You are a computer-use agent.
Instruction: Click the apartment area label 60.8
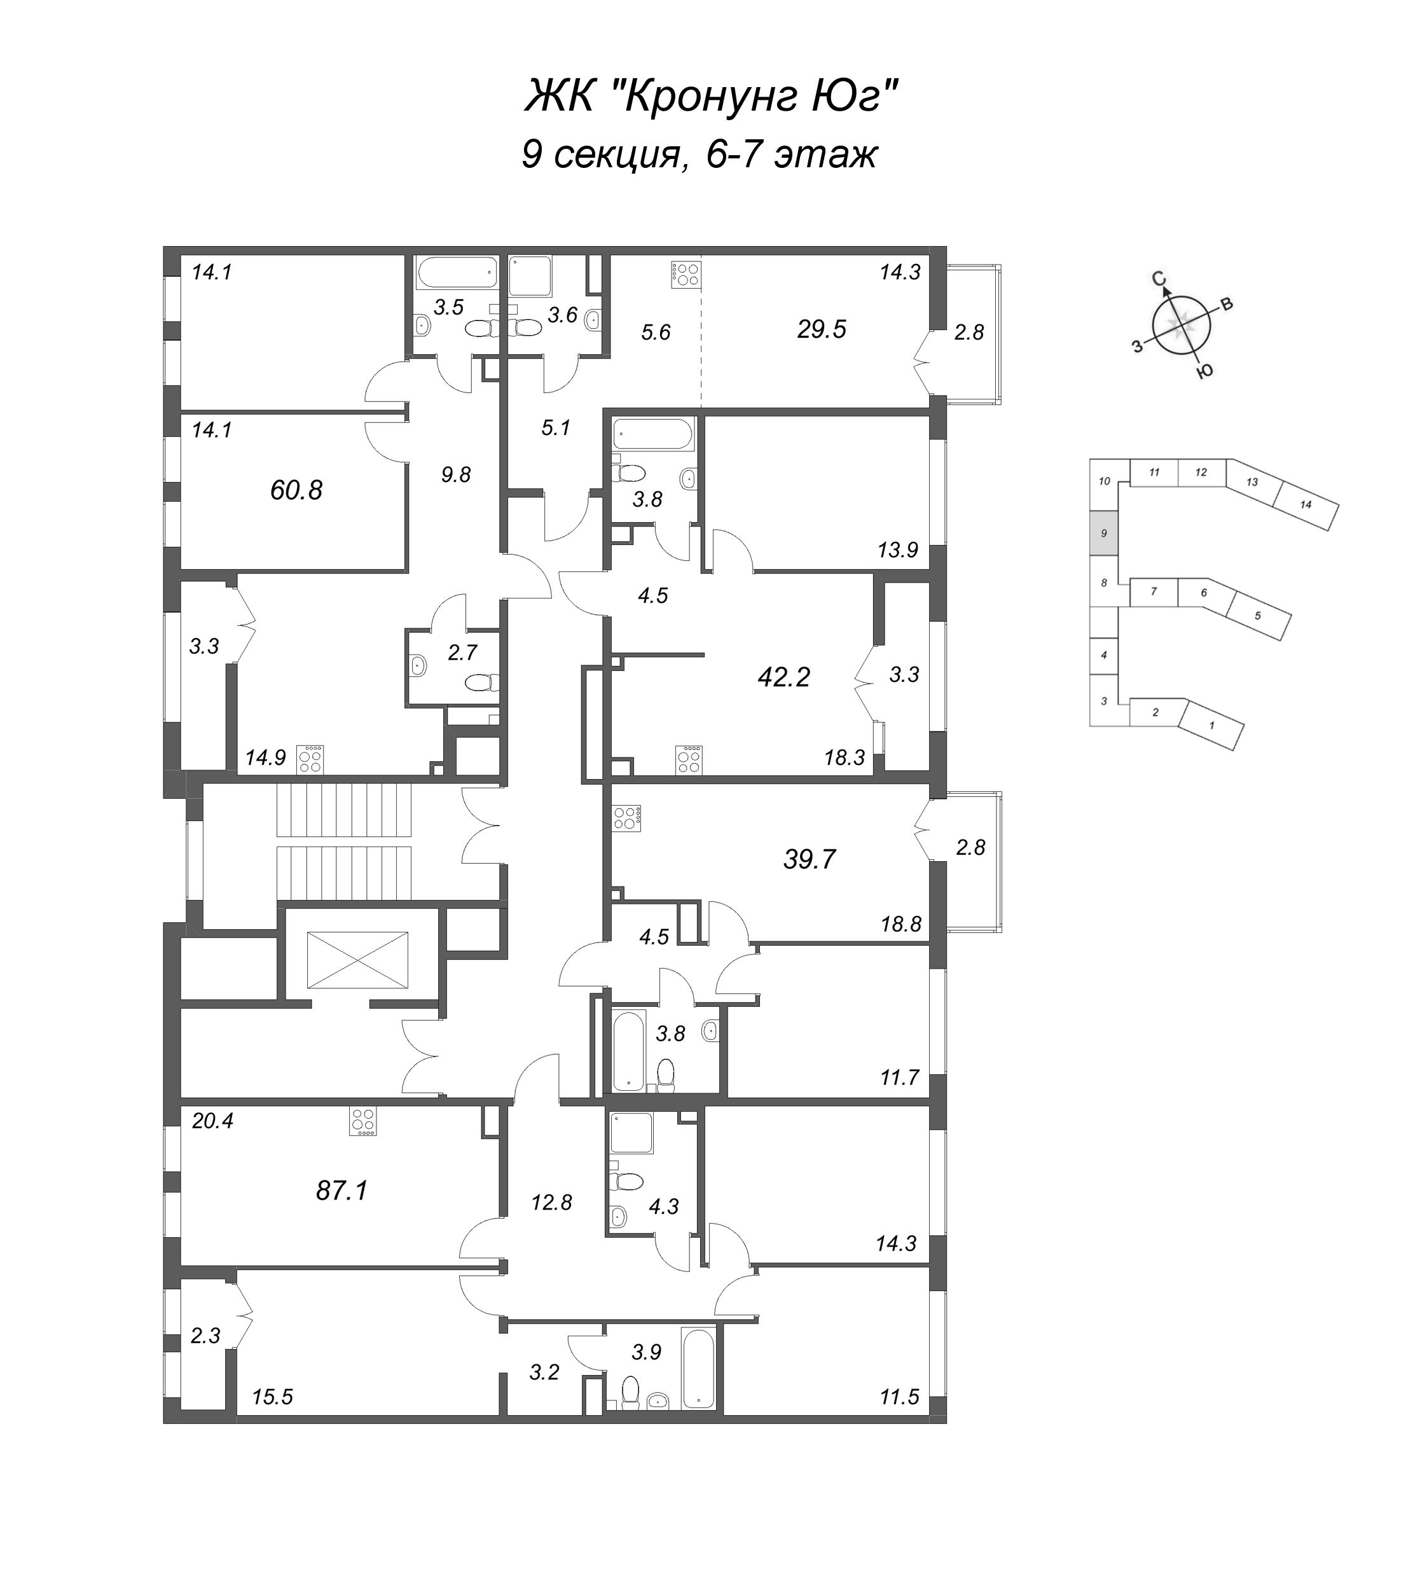296,490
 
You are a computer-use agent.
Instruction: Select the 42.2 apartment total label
784,677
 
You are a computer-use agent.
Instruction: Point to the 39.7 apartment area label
810,860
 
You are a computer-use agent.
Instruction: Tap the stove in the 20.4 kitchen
363,1122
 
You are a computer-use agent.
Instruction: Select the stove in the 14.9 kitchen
310,759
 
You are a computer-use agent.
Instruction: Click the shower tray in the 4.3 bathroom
631,1133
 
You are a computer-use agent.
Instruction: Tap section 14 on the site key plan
1306,505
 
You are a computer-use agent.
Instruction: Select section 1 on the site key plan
1211,725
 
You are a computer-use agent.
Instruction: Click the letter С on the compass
1158,279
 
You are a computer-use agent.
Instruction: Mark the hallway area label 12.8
551,1203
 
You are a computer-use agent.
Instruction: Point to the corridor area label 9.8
456,474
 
